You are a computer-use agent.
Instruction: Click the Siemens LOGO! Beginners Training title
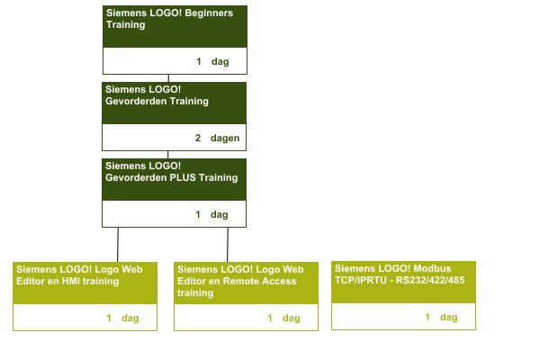coord(170,19)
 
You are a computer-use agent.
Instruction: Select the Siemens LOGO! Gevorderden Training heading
coord(157,95)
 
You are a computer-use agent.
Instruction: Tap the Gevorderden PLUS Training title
coord(172,172)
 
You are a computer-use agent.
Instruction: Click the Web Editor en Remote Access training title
coord(240,281)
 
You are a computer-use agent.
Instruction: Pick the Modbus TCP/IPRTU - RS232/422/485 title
coord(399,274)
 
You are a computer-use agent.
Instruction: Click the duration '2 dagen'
coord(216,139)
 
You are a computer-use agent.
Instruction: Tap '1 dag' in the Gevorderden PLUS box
coord(212,215)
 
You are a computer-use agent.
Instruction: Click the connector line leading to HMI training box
coord(118,244)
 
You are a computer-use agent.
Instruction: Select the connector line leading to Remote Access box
coord(228,244)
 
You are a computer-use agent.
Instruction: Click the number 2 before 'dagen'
coord(198,139)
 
